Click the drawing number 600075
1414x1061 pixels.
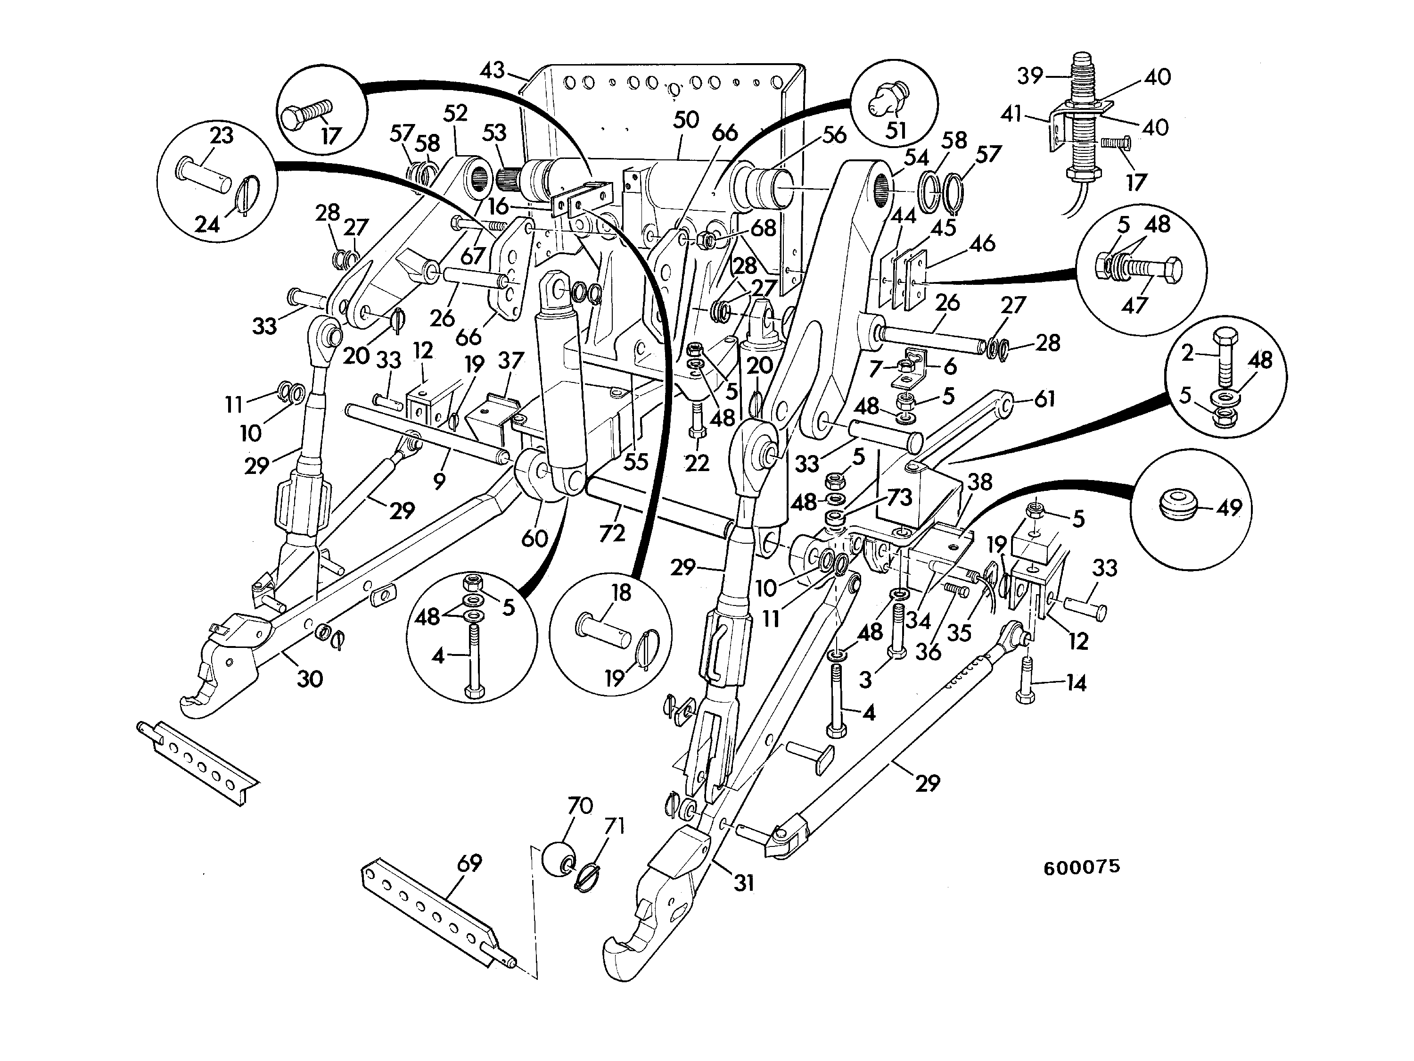[1082, 867]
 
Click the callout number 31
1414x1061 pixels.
[743, 883]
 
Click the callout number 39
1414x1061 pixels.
[1030, 76]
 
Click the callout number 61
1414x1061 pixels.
[1044, 399]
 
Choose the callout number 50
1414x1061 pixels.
[686, 120]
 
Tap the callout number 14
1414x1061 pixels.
[1076, 683]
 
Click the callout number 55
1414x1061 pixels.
[636, 461]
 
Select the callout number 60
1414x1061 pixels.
[534, 539]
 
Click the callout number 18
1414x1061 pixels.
[621, 593]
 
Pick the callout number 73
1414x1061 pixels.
[899, 497]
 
